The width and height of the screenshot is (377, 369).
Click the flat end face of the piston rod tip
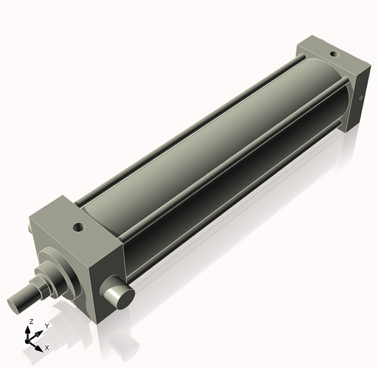coord(18,304)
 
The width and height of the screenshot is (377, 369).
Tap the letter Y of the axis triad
coord(47,325)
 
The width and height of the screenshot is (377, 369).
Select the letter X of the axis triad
coord(48,348)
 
